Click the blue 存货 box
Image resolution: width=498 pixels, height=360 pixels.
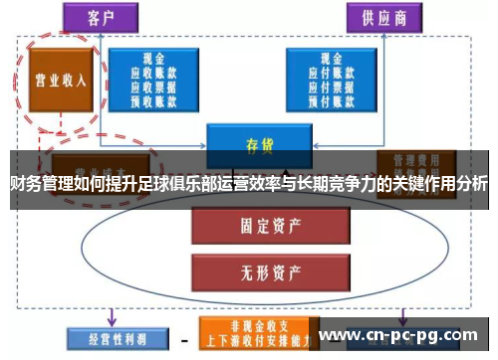tap(260, 142)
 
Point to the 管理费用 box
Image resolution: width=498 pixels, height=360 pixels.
tap(415, 162)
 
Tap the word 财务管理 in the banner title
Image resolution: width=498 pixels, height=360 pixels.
tap(40, 183)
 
